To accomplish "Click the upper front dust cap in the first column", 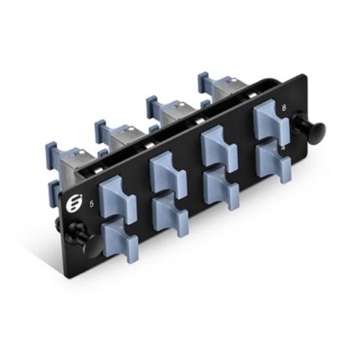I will click(114, 198).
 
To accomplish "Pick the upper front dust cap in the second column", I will click(167, 172).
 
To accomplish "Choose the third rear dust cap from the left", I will click(158, 104).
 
